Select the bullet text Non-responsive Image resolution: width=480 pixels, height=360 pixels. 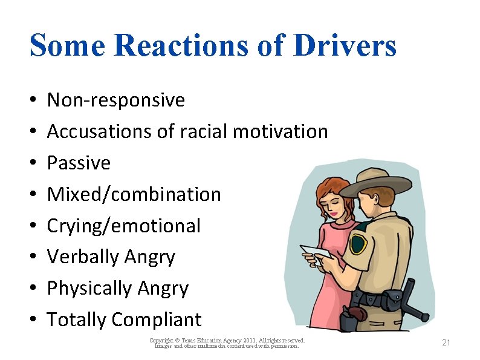point(116,100)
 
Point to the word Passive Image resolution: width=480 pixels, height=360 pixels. point(79,163)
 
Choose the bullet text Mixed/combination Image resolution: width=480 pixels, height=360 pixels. point(134,194)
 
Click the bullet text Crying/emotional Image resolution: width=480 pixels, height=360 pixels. point(123,226)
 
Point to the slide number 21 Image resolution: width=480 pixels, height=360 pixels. point(446,343)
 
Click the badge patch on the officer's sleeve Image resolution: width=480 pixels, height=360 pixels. point(358,244)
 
